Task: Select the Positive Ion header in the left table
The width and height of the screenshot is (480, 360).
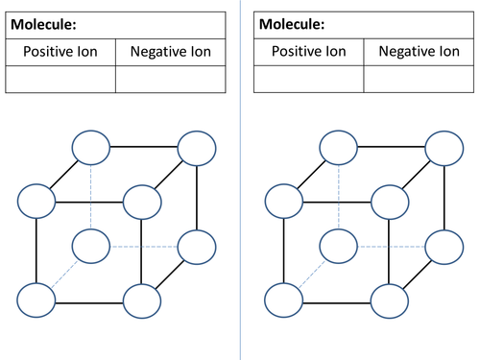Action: [60, 52]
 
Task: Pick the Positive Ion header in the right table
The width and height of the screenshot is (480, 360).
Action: [309, 52]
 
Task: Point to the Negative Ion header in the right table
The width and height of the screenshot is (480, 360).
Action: [418, 52]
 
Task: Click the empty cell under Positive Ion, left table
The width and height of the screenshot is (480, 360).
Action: [60, 79]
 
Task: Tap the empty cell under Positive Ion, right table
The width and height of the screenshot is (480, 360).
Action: [309, 79]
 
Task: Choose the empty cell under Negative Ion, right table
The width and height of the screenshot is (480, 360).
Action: [418, 79]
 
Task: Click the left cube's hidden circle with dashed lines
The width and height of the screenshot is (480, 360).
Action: [91, 247]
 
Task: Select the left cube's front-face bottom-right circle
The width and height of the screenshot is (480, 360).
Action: [141, 300]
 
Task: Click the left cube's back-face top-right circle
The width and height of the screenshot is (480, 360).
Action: [197, 149]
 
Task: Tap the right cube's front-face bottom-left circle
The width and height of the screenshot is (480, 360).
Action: [283, 300]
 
